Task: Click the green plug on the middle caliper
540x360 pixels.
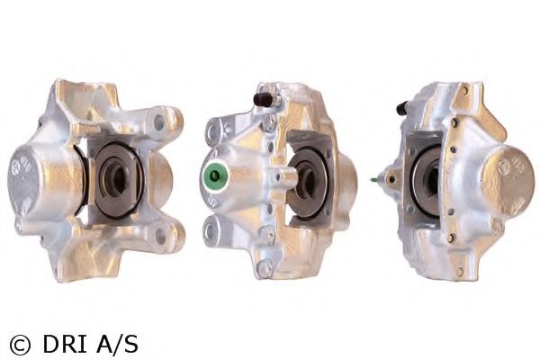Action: tap(214, 175)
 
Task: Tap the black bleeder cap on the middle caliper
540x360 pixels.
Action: tap(264, 98)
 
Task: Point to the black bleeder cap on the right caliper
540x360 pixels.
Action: tap(402, 108)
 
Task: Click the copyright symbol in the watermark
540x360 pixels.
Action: tap(20, 344)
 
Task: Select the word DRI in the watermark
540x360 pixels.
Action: tap(66, 344)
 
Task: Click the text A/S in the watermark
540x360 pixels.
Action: tap(117, 344)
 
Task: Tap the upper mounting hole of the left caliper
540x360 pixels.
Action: tap(159, 122)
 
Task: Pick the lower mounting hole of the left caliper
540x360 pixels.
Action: tap(160, 237)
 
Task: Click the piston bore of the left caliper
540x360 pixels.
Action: tap(114, 179)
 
